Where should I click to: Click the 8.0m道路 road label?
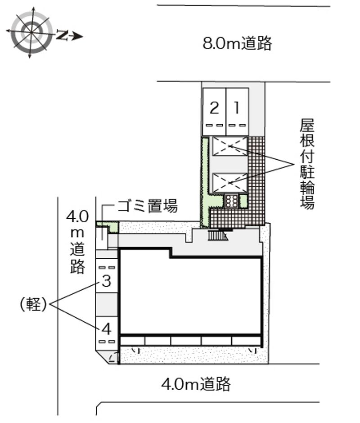coord(237,44)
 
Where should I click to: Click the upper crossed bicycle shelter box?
coord(230,146)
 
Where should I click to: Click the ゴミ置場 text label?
coord(147,207)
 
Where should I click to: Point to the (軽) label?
coord(33,305)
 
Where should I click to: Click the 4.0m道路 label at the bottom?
coord(196,384)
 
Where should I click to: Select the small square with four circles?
coord(232,200)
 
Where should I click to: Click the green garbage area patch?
coord(108,226)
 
